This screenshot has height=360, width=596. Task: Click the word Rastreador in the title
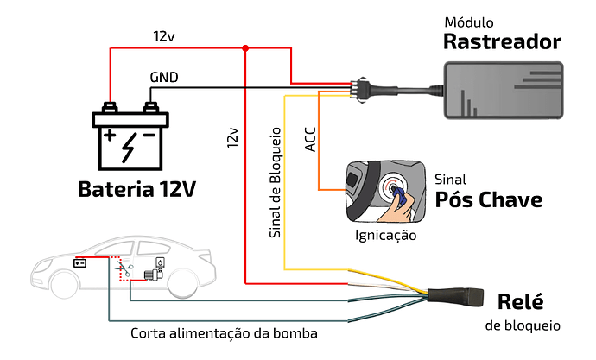click(x=502, y=41)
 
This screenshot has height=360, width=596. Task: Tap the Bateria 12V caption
click(x=136, y=189)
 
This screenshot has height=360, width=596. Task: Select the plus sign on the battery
click(x=110, y=136)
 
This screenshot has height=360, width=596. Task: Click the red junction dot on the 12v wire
click(x=246, y=47)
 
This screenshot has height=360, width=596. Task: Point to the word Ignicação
click(x=386, y=235)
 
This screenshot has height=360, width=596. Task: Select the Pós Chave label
click(x=489, y=200)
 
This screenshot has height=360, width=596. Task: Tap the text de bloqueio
click(x=522, y=325)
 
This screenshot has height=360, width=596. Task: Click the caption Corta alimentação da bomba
click(x=224, y=332)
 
